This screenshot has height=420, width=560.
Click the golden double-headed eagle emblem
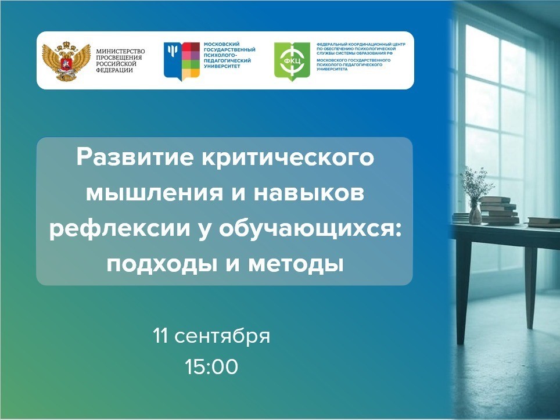66,61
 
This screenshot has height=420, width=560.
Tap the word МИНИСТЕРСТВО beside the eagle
120,52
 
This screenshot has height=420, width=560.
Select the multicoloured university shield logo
181,61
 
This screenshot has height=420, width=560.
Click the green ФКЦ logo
292,61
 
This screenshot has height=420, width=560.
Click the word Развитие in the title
135,157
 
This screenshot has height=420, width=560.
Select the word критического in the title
288,158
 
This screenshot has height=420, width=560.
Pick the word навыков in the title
309,193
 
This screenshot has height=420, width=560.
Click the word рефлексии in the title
120,229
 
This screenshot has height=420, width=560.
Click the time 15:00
211,367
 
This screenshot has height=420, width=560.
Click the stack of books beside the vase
498,211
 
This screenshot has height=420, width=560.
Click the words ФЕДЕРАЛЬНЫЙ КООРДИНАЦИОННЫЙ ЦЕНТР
361,44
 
